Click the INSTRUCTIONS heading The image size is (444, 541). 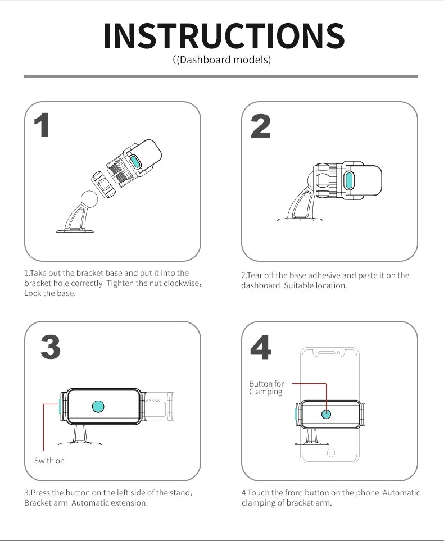click(224, 35)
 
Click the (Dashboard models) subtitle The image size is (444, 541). click(221, 60)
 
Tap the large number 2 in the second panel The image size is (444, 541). click(260, 126)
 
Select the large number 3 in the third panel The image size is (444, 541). click(51, 347)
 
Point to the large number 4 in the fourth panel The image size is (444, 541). click(261, 347)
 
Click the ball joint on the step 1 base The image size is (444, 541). click(89, 199)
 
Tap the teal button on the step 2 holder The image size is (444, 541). click(349, 180)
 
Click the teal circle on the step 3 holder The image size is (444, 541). click(98, 406)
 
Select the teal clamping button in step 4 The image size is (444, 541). click(326, 414)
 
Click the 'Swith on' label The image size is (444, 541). click(49, 461)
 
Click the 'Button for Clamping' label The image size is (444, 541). click(266, 388)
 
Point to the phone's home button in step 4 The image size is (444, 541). click(331, 453)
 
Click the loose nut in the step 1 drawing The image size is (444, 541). click(102, 185)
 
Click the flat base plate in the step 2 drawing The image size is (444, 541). click(300, 220)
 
